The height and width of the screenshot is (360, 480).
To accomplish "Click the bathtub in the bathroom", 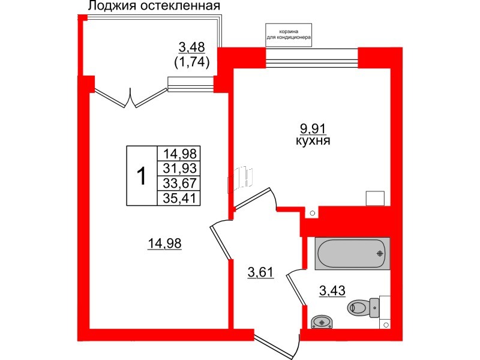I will (352, 253).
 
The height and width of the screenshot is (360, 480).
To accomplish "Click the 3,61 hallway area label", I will (261, 273).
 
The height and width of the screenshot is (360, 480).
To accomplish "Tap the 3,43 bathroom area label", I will (332, 292).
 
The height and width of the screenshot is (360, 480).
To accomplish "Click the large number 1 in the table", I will (142, 176).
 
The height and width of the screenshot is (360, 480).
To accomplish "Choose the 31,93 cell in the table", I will (178, 168).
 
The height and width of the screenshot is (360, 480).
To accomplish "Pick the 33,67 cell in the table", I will (178, 183).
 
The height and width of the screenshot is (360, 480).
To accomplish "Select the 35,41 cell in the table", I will (178, 197).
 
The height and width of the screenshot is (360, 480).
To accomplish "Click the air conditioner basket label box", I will (289, 35).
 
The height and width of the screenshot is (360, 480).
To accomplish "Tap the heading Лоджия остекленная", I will (154, 7).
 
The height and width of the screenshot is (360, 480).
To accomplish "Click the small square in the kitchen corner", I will (376, 199).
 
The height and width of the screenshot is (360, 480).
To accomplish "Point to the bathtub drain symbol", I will (379, 253).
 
